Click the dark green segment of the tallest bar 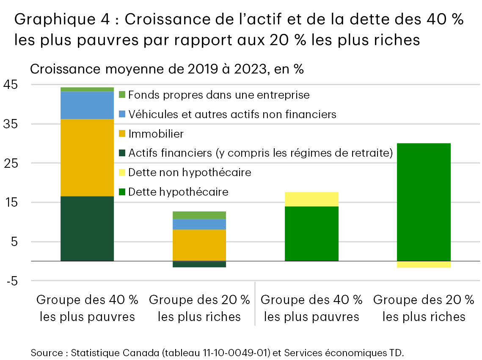[87, 228]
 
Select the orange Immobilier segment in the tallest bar [87, 157]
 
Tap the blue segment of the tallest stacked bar [87, 105]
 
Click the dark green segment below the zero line [199, 264]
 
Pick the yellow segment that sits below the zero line [424, 264]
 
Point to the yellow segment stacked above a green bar [311, 199]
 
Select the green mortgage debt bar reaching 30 [424, 202]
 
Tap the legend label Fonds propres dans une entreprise [219, 95]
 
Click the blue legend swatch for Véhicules [122, 114]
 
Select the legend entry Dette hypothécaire [178, 192]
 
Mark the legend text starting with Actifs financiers [261, 153]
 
